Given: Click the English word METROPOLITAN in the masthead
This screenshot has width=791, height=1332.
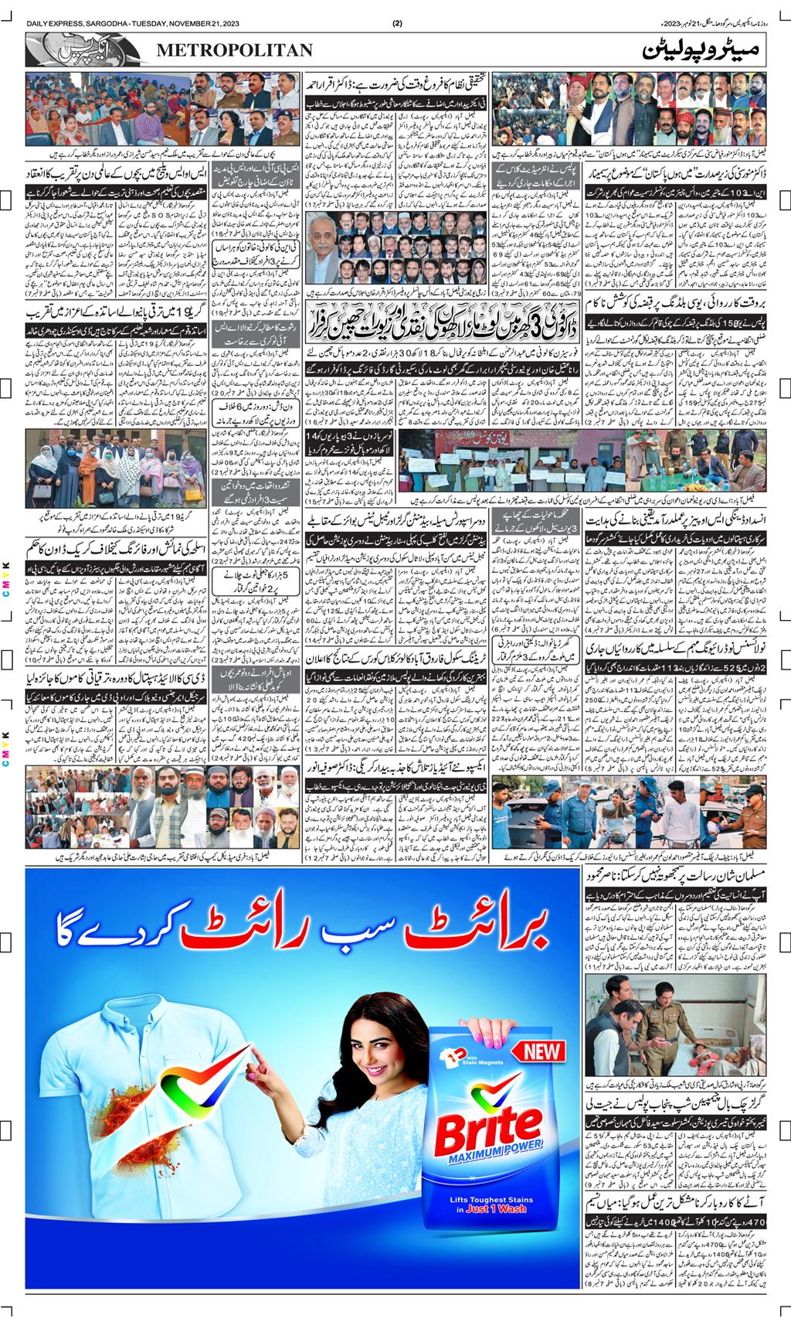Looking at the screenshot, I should pos(235,50).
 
